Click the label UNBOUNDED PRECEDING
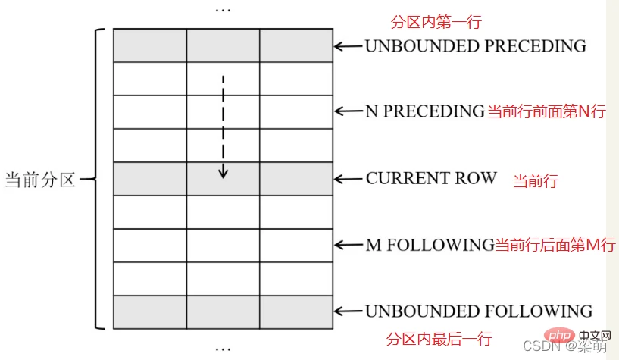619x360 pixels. [x=475, y=45]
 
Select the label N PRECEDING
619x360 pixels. [x=425, y=111]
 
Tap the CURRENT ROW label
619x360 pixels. [x=431, y=178]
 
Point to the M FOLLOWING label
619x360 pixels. [x=430, y=245]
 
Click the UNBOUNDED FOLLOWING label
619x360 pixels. [x=479, y=311]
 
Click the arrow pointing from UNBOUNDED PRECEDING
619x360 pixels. [x=349, y=46]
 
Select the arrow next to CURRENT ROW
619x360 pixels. [x=349, y=179]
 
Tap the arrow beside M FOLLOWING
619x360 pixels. [x=349, y=245]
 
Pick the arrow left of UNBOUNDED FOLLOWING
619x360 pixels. [x=349, y=311]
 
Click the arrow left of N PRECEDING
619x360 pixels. [x=349, y=111]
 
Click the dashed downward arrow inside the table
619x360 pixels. [x=223, y=127]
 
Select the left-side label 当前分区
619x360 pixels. [x=40, y=180]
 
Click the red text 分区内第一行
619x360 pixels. [x=436, y=22]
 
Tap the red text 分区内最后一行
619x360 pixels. [x=439, y=339]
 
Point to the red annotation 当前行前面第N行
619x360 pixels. [x=546, y=111]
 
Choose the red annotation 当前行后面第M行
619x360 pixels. [x=555, y=245]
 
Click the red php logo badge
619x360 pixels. [x=559, y=336]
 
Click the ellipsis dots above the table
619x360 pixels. [x=223, y=10]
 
